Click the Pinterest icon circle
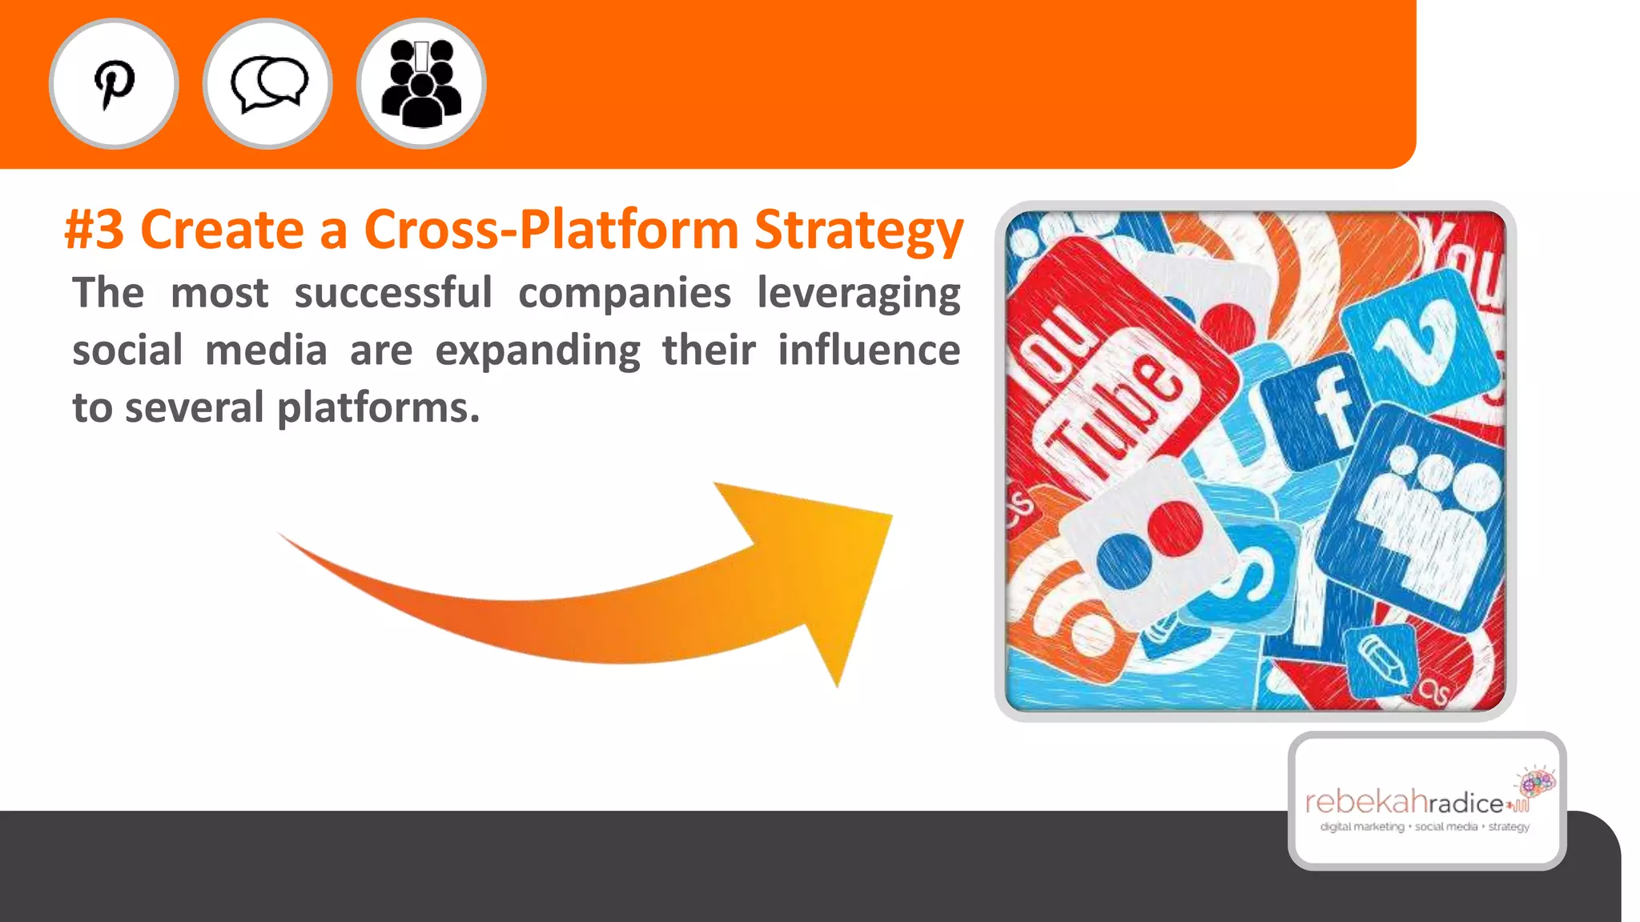point(114,84)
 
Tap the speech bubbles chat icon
point(267,84)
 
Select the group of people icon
point(421,84)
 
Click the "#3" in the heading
point(94,230)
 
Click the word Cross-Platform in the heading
point(551,230)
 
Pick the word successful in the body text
point(393,292)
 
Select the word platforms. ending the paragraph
point(378,408)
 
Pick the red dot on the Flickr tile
point(1175,527)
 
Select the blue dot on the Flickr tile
point(1123,560)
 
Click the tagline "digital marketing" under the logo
point(1362,827)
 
